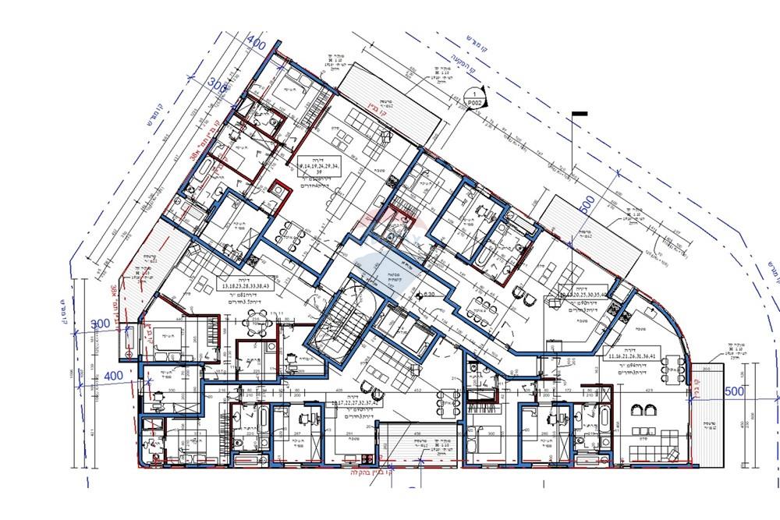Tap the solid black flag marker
click(580, 115)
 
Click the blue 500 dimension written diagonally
click(587, 206)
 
